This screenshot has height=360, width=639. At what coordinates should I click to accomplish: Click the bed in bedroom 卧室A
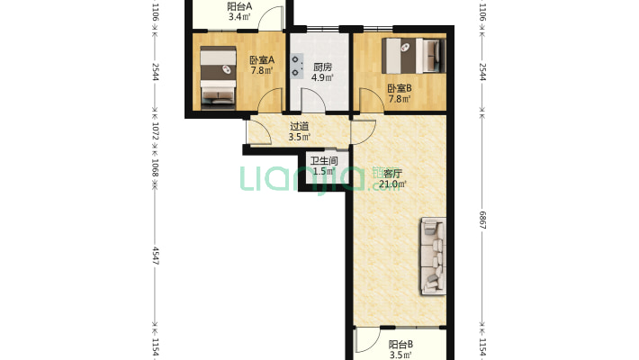click(218, 77)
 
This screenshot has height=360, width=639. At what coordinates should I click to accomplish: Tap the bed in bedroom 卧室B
click(414, 56)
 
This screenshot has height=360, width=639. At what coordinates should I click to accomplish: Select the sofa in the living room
click(433, 256)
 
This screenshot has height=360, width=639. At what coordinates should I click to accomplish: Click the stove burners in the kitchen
click(296, 66)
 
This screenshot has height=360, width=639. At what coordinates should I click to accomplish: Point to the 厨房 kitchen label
click(322, 67)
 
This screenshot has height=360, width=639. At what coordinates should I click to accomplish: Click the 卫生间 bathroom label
click(324, 161)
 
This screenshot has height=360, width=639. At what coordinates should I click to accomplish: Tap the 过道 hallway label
click(299, 126)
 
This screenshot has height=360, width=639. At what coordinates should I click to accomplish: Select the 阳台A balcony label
click(239, 6)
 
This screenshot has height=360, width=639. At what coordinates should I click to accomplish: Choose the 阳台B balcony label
click(400, 345)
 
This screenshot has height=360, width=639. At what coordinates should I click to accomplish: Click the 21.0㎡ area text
click(392, 184)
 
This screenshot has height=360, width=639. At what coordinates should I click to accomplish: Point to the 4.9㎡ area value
click(322, 77)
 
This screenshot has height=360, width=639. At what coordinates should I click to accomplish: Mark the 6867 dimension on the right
click(482, 220)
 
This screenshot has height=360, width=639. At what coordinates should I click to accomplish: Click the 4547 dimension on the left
click(156, 256)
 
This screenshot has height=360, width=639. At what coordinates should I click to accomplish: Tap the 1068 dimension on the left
click(156, 168)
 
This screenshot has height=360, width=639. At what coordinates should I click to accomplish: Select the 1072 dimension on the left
click(156, 130)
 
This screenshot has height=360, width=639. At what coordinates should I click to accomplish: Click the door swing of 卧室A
click(270, 100)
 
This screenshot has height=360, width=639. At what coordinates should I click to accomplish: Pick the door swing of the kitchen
click(313, 100)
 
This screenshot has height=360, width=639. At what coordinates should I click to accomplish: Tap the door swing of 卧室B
click(372, 100)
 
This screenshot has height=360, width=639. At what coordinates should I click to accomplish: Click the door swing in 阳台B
click(367, 340)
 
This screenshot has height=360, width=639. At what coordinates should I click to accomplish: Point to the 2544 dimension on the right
click(482, 72)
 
